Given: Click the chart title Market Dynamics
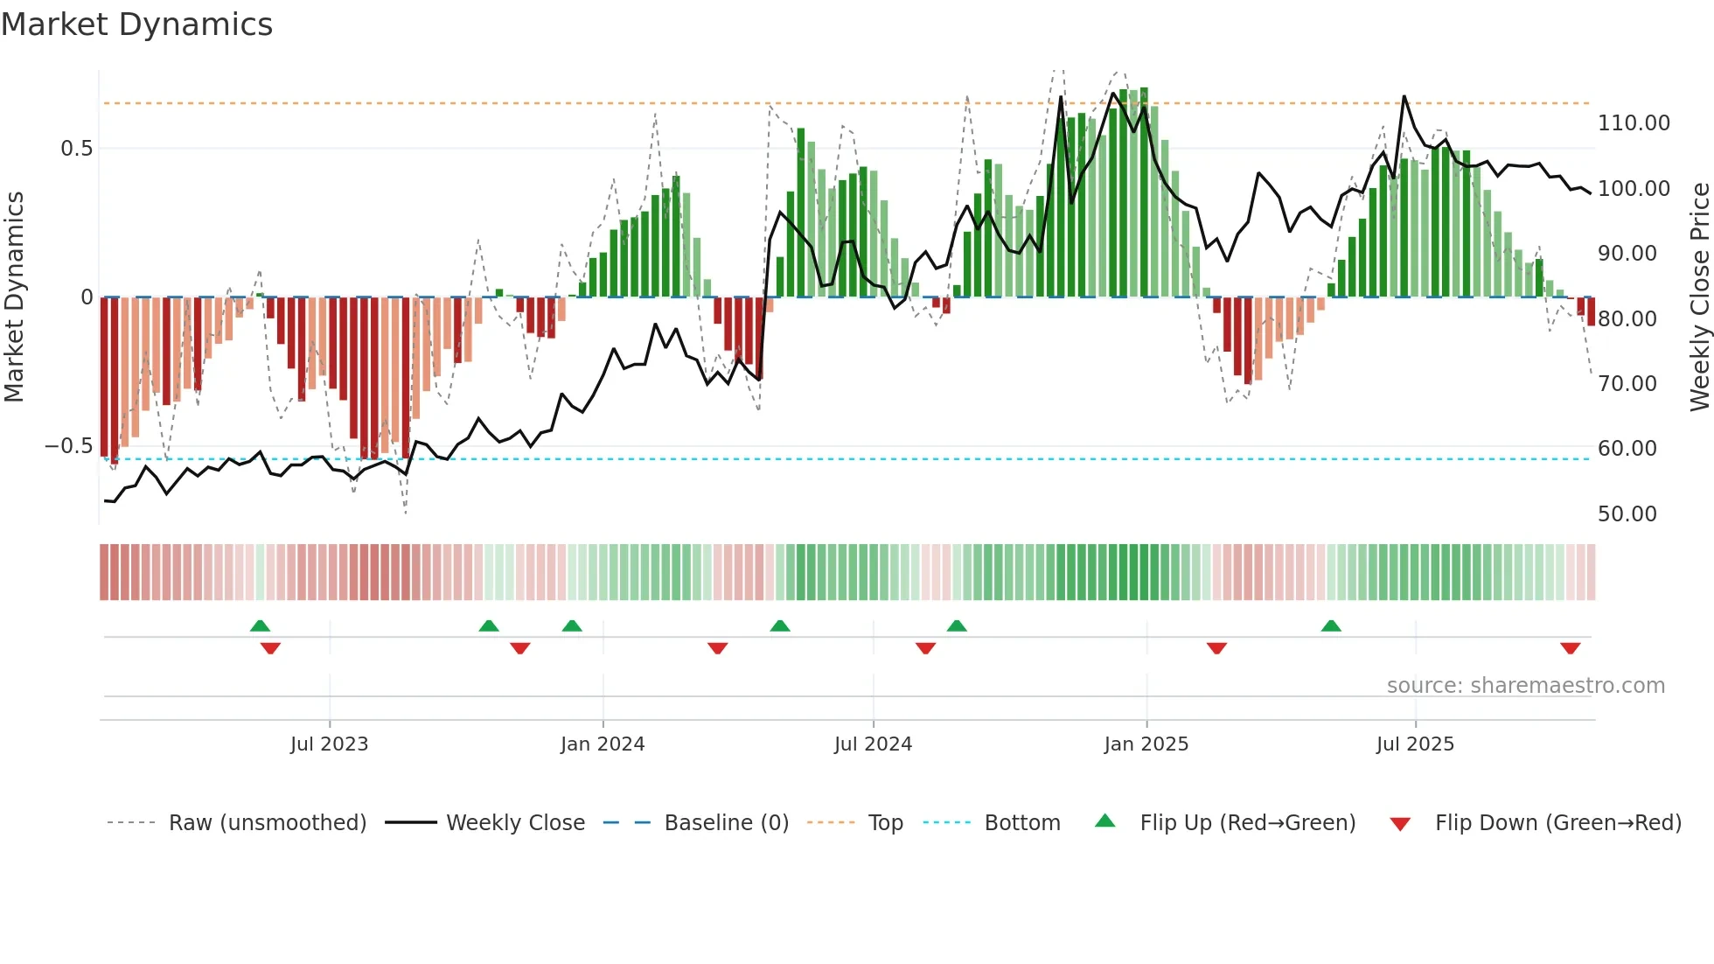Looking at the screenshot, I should click(136, 24).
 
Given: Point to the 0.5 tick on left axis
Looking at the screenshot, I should click(76, 149).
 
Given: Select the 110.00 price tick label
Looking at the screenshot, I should click(1634, 123).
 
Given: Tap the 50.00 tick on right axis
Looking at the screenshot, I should click(1627, 514).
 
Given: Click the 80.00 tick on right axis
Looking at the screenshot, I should click(1627, 319).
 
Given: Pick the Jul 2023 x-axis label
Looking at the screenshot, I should click(329, 744).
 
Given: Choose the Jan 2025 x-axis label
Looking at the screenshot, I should click(1146, 744).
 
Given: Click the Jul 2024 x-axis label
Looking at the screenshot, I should click(873, 744).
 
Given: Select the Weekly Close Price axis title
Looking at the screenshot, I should click(1698, 297).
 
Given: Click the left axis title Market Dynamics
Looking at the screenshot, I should click(14, 297).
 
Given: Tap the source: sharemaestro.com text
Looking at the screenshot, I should click(1525, 686).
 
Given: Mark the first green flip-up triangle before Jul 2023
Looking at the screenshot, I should click(260, 625).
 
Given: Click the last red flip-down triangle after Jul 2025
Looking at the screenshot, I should click(1570, 648).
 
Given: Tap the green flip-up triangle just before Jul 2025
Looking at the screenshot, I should click(1331, 625).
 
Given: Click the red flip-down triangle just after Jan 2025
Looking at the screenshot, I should click(1216, 648).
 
